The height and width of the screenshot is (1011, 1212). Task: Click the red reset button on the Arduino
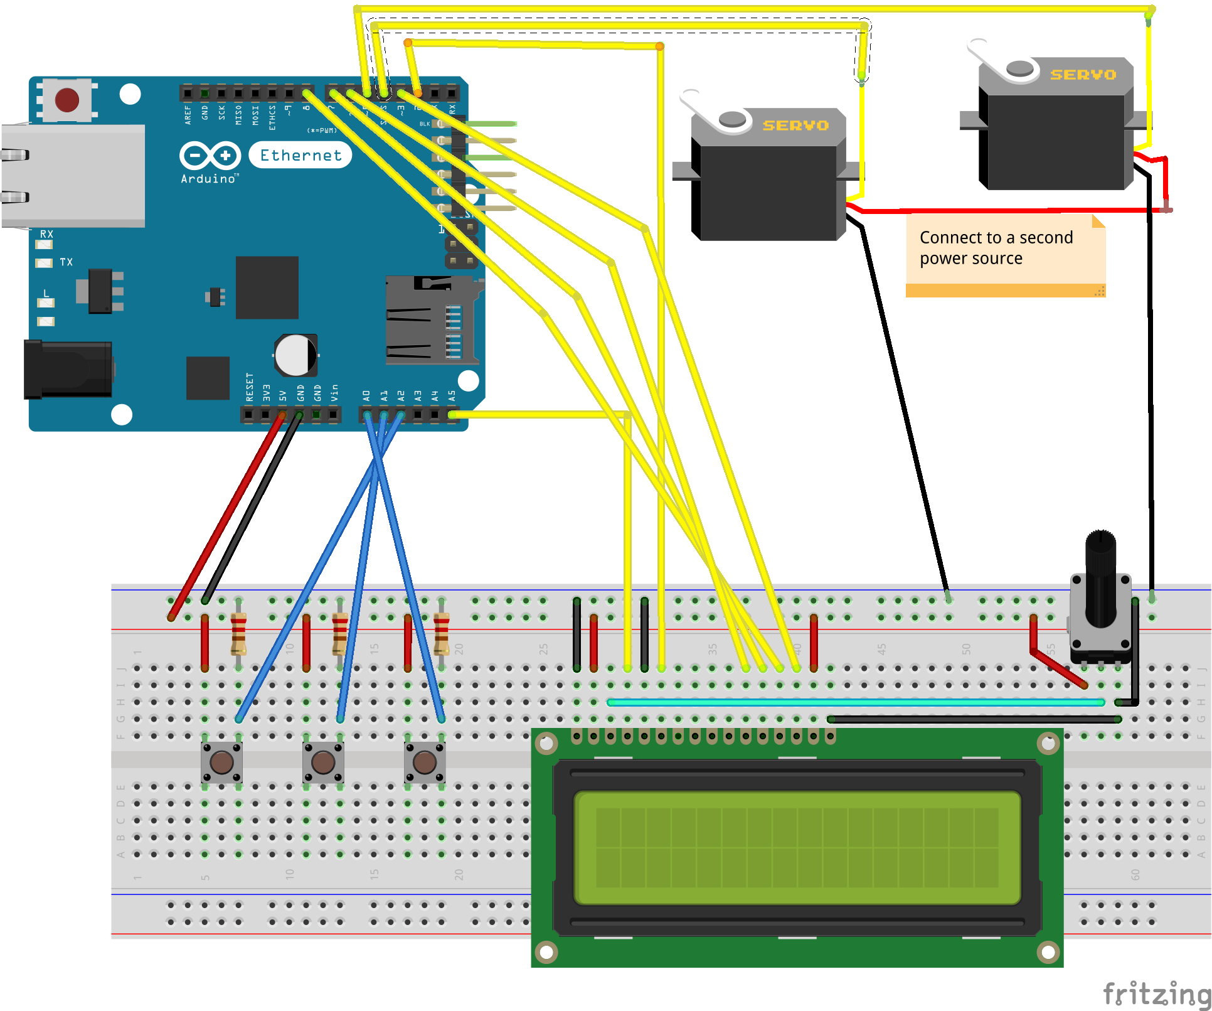[x=66, y=100]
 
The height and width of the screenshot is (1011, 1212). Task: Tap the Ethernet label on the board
[x=300, y=155]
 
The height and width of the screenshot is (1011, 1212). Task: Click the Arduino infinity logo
[x=210, y=155]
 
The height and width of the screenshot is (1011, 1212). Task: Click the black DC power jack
[x=68, y=370]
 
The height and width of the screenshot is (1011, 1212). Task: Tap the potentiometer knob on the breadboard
[x=1100, y=577]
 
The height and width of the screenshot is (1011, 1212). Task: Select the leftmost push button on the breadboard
[x=221, y=762]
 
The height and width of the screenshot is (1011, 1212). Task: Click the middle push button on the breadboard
[x=323, y=762]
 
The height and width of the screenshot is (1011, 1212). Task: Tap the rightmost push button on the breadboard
[x=425, y=762]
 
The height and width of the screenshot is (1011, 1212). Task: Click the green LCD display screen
[x=797, y=847]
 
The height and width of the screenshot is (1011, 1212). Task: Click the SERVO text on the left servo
[x=795, y=126]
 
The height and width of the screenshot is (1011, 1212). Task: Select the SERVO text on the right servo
[x=1083, y=75]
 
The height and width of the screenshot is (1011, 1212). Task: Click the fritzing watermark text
[x=1156, y=993]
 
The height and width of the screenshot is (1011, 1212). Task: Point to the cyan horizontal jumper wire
[x=856, y=702]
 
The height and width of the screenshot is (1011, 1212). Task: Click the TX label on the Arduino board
[x=66, y=262]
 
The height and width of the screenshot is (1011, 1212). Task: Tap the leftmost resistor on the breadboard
[x=238, y=634]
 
